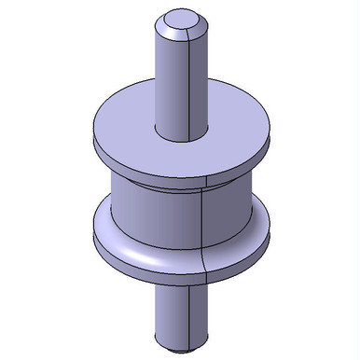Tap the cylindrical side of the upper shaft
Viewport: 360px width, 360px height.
(173, 84)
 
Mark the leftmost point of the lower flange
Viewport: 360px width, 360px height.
(91, 238)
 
